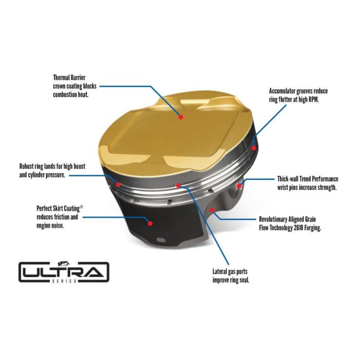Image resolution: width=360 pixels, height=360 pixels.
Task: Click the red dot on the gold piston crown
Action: point(181,117)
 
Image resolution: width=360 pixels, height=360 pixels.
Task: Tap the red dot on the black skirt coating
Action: point(150,223)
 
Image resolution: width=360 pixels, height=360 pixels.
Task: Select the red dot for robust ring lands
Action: point(119,184)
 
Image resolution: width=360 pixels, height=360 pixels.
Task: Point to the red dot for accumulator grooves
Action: point(254,148)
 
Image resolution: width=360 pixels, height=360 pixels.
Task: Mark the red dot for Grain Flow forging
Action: point(212,210)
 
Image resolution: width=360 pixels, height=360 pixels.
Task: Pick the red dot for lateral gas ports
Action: point(178,185)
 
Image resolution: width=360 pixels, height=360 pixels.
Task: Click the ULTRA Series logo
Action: point(64,271)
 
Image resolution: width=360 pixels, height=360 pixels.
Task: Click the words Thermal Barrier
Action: point(68,78)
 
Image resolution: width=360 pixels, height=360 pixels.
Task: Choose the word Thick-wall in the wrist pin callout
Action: point(288,179)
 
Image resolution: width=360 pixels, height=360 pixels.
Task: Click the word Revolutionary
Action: point(277,219)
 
